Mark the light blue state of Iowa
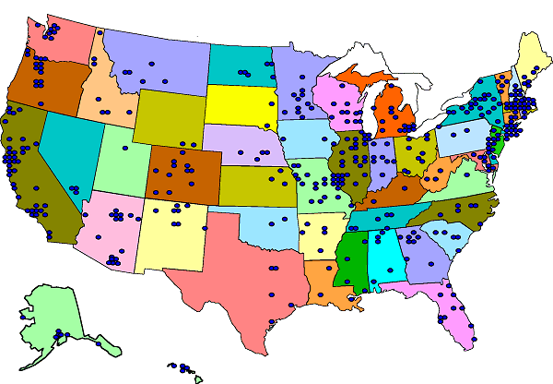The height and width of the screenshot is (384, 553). pos(309,138)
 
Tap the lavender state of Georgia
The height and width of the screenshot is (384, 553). pos(419,258)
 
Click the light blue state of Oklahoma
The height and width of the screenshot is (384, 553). pos(267,226)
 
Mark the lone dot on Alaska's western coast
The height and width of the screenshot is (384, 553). pos(22,318)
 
